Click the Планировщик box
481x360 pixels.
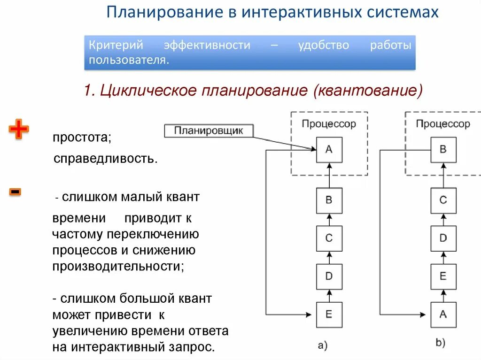pos(209,131)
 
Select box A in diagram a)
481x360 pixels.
pos(329,150)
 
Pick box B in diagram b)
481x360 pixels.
pos(443,150)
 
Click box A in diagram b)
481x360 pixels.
pos(443,314)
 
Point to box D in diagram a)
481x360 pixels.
pos(329,276)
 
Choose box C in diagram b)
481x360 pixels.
pos(443,200)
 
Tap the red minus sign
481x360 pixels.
pos(15,191)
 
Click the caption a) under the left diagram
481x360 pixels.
pos(323,346)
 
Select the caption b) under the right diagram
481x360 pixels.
pos(440,343)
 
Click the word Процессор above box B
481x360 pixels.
pos(442,124)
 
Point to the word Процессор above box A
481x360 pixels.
pos(329,124)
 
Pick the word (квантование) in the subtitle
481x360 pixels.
pos(365,90)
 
